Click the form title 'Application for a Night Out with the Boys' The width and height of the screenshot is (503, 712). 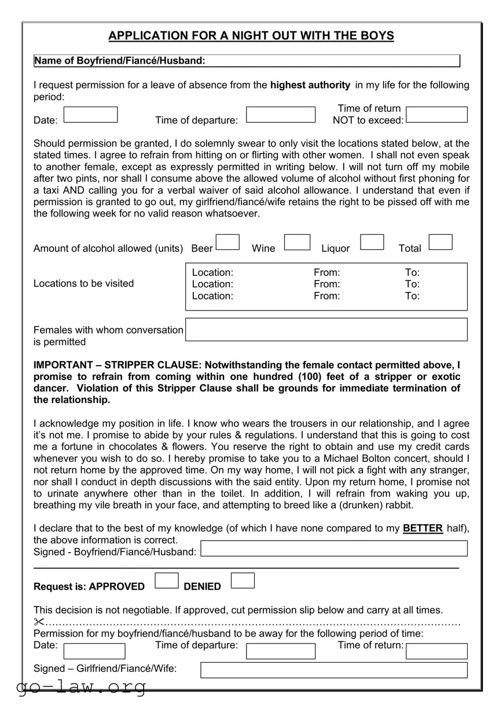pos(251,36)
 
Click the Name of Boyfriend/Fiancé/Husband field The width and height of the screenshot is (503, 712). pos(332,61)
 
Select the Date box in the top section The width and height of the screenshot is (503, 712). pos(90,115)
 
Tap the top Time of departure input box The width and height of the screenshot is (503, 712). pos(281,115)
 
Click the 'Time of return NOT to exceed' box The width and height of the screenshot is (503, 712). pos(436,115)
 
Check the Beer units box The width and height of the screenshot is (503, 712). pos(227,242)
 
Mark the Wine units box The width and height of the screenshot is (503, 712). pos(298,242)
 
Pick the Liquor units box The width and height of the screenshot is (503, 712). pos(372,242)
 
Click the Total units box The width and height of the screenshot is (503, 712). pos(440,242)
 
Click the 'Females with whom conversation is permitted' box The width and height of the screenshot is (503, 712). pos(326,330)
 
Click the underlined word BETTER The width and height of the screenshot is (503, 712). pos(423,528)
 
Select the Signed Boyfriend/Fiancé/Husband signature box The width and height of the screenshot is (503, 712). pos(334,549)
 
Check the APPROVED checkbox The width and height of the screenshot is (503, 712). pos(167,580)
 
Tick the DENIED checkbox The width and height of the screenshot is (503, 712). pos(243,580)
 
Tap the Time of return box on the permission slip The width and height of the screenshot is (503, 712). pos(436,651)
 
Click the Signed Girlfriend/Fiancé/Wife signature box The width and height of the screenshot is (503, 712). pos(334,670)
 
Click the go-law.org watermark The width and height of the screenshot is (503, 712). pos(82,688)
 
